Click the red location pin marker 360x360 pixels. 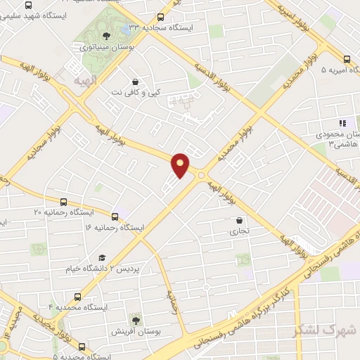click(x=181, y=165)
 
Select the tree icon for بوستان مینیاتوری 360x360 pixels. click(x=105, y=35)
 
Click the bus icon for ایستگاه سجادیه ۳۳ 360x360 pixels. click(x=161, y=17)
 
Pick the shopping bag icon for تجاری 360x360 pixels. click(x=240, y=219)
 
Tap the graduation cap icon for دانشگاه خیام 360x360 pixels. click(x=102, y=257)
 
